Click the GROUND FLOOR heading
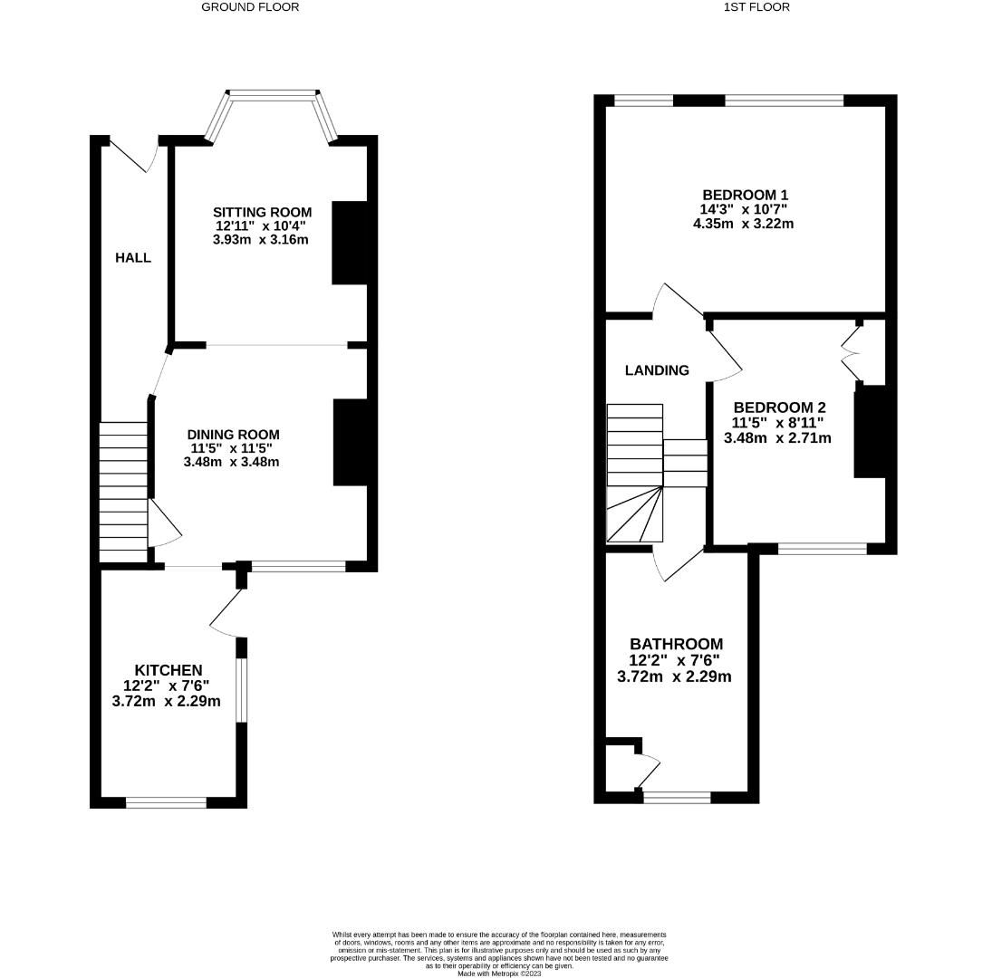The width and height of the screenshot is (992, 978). click(249, 7)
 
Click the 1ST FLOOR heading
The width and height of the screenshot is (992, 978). click(756, 7)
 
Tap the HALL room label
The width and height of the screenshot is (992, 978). click(132, 258)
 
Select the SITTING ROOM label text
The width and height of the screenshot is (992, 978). click(262, 212)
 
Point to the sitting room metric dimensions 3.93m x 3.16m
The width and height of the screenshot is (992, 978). click(261, 240)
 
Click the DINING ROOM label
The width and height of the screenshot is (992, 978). click(233, 435)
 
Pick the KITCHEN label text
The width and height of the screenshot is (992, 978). click(169, 670)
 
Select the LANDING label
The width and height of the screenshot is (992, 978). click(657, 370)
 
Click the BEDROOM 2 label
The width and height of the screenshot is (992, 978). click(779, 407)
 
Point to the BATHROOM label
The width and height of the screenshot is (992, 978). click(676, 645)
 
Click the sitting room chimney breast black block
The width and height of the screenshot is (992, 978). click(350, 243)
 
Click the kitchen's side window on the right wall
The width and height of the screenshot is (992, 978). click(241, 690)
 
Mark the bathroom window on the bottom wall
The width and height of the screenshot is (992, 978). click(677, 797)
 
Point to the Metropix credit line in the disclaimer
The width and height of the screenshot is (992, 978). click(499, 973)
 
